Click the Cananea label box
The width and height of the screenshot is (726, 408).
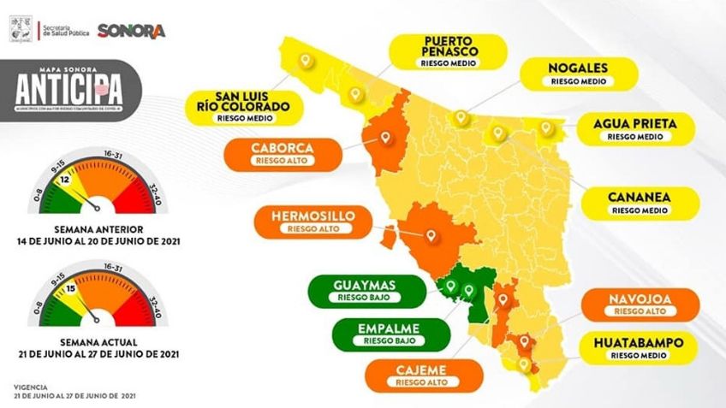pos(640,203)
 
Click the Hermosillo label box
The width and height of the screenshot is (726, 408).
pos(312,222)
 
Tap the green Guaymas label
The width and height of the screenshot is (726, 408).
pos(367,291)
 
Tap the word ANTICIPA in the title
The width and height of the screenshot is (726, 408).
pos(68,86)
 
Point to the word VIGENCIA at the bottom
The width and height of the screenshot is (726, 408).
pos(33,387)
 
